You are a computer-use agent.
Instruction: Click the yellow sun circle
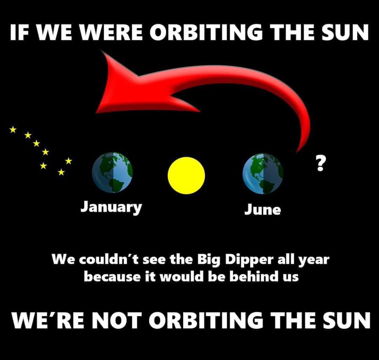tap(186, 176)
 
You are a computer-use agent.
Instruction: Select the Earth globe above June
tap(263, 173)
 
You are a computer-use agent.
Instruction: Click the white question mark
tap(320, 163)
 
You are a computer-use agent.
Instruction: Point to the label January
tap(112, 207)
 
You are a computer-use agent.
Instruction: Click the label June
tap(262, 209)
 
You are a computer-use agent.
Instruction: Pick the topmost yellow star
tap(13, 129)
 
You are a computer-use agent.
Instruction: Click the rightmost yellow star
tap(68, 160)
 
